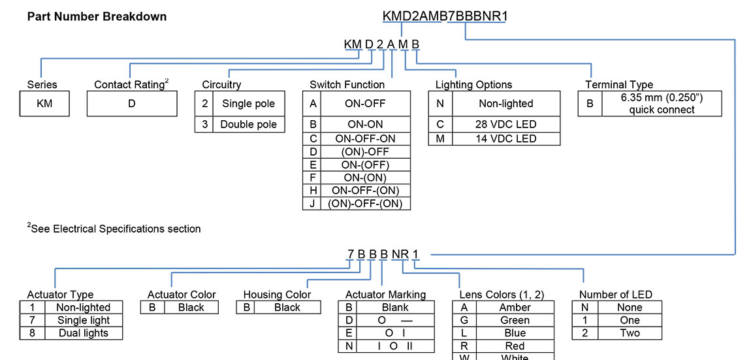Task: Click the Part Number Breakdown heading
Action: [x=97, y=16]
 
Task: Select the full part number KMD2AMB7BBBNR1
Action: [x=445, y=16]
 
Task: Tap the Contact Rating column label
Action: [x=131, y=84]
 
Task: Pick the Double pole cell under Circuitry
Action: [x=248, y=124]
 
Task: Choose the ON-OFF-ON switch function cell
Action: [x=364, y=139]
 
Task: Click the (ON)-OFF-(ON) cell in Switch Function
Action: [x=364, y=203]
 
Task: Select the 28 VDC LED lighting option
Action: [x=505, y=124]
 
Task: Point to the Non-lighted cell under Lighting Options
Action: [x=505, y=103]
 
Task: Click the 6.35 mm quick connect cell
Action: [x=662, y=103]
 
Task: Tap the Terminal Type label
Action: [x=618, y=84]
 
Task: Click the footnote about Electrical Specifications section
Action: [x=114, y=229]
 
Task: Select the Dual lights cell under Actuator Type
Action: [x=82, y=333]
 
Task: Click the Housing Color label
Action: [x=277, y=295]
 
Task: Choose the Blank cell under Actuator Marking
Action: [x=395, y=308]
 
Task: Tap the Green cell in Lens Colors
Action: [x=515, y=320]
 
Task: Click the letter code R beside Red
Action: [x=464, y=346]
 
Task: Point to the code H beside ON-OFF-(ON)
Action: [x=313, y=190]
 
